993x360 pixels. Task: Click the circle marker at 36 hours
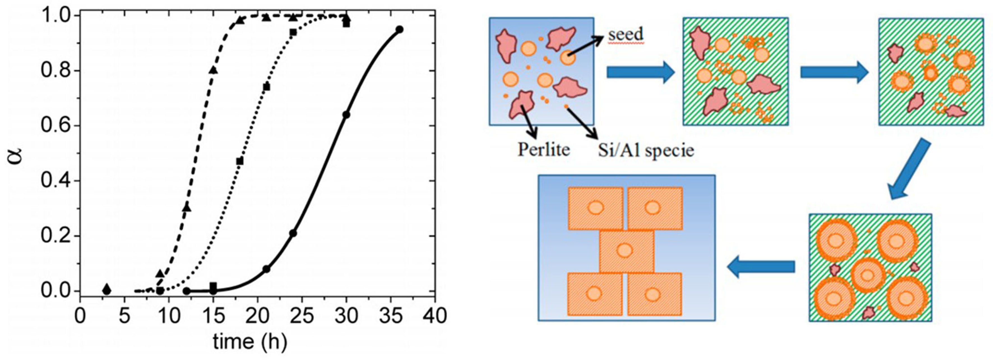point(400,30)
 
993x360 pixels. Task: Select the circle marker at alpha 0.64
point(346,115)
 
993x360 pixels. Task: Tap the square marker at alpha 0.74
point(266,87)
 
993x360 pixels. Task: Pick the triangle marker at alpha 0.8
point(213,70)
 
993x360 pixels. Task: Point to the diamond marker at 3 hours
point(107,289)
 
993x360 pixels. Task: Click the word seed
point(626,35)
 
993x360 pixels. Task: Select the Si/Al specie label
point(646,150)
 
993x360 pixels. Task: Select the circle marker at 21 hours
point(266,269)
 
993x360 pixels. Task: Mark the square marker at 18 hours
point(240,161)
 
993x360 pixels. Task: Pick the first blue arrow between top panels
point(640,73)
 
